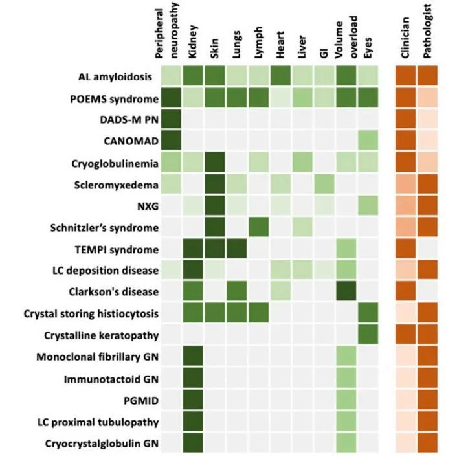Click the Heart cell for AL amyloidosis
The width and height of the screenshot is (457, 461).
point(280,78)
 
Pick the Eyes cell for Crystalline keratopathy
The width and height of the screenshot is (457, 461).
point(368,334)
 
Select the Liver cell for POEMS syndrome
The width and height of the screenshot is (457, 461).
point(302,99)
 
